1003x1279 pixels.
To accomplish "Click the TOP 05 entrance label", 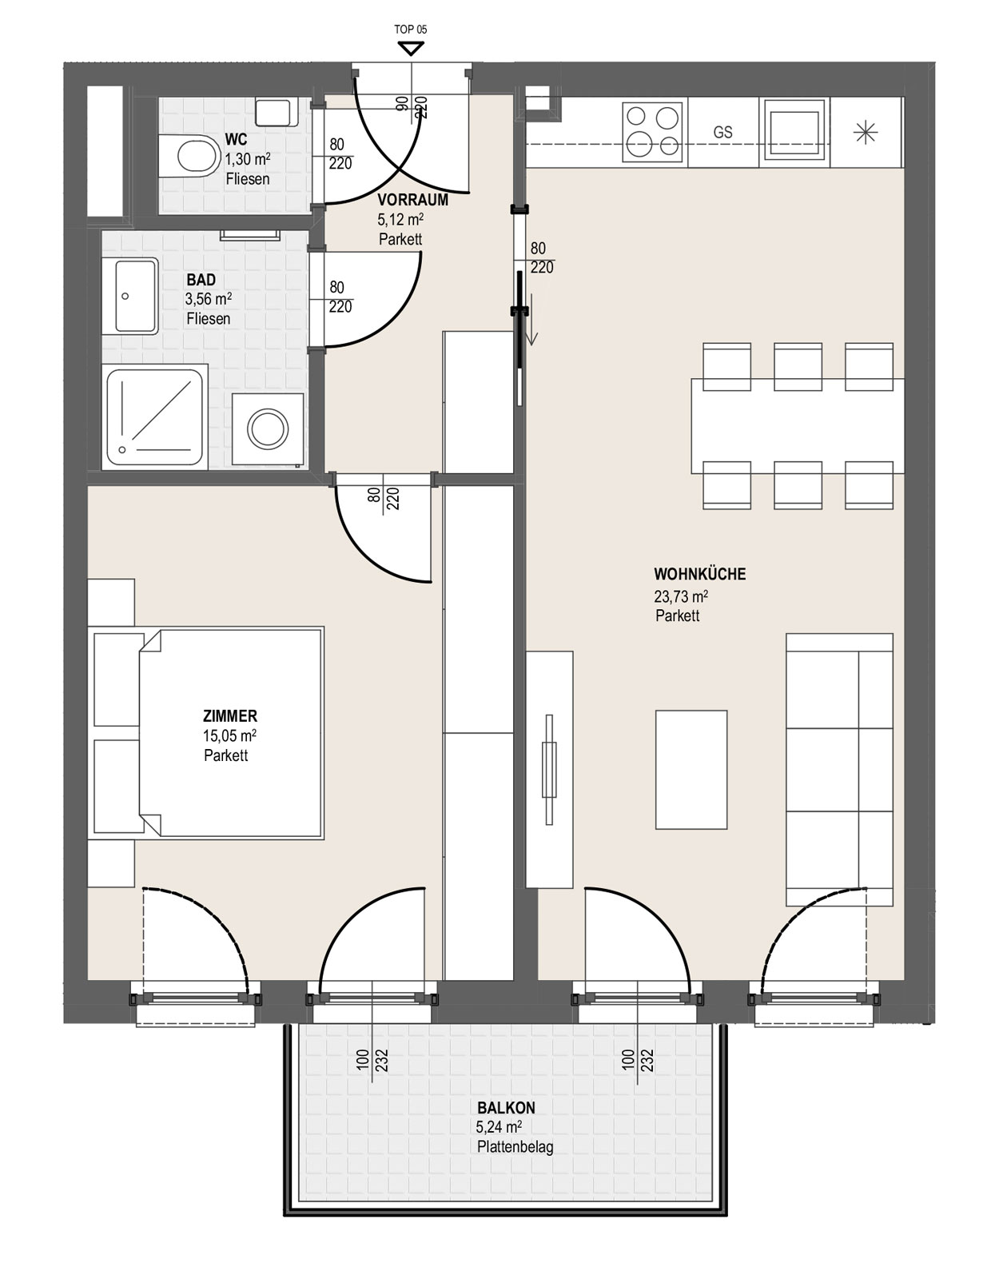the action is pos(411,30).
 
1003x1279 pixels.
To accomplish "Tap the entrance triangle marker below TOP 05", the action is pos(411,50).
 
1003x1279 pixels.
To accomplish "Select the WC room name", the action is pos(236,140).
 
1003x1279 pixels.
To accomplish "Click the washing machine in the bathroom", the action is pos(268,428).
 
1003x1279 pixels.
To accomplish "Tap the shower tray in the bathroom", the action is pos(155,416).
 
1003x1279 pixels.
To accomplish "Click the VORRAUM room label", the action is pos(412,200).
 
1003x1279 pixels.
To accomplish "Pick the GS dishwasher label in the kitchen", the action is pos(723,132).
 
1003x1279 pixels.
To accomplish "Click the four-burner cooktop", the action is pos(655,131).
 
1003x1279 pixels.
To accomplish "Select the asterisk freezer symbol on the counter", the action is pos(866,133).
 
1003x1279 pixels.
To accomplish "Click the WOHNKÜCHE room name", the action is pos(699,574).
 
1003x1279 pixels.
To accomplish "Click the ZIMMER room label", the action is pos(230,715).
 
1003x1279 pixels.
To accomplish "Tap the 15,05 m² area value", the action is pos(229,735).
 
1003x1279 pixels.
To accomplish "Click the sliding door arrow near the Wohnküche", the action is pos(531,320).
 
